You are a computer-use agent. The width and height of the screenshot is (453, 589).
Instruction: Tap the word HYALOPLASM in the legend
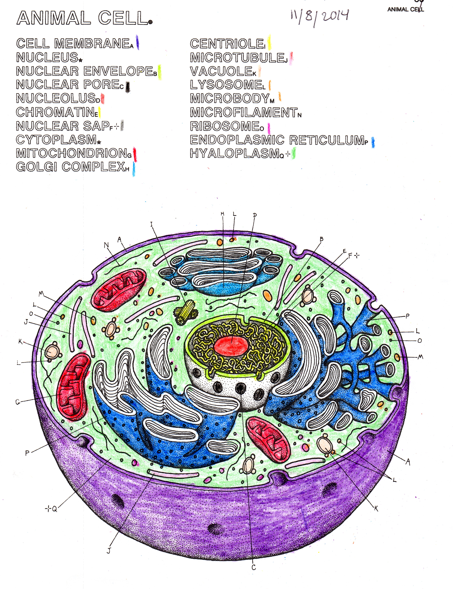click(x=235, y=154)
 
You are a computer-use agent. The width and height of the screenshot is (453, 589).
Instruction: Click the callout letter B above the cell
click(x=321, y=239)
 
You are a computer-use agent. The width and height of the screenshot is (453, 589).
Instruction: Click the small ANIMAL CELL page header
click(x=405, y=9)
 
